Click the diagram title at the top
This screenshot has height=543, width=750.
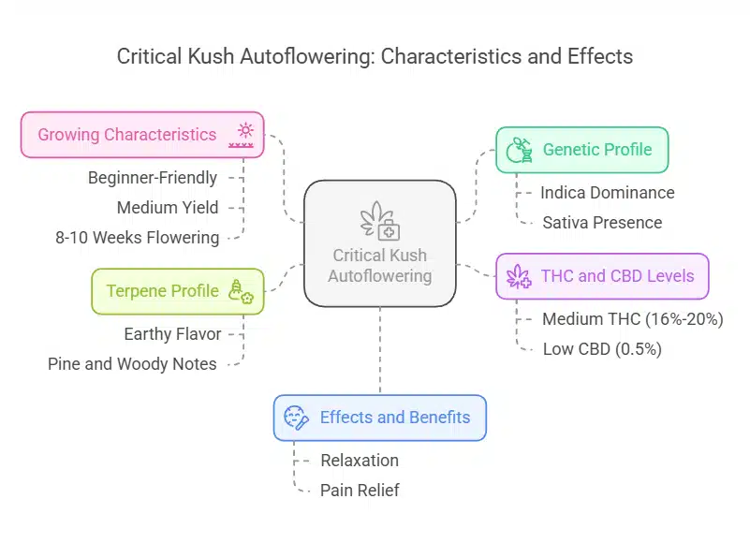tap(375, 56)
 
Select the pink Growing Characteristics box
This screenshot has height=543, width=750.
tap(142, 135)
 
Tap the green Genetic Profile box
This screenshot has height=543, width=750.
tap(581, 150)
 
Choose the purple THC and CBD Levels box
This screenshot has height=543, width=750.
tap(602, 276)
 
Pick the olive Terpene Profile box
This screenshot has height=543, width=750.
tap(177, 291)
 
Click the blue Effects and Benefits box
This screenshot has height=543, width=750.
tap(379, 418)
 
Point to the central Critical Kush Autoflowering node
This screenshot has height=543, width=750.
tap(379, 243)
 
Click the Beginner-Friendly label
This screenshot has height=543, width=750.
tap(153, 178)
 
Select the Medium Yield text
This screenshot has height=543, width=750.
tap(167, 208)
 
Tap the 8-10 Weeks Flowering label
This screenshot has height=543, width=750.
tap(138, 238)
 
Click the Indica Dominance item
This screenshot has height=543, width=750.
tap(607, 193)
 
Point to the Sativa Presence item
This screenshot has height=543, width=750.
tap(602, 223)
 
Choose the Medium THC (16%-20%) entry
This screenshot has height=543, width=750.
tap(632, 319)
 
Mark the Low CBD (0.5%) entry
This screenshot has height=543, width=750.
tap(602, 349)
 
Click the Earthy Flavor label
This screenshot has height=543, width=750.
tap(172, 333)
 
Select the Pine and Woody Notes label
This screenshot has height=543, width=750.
tap(132, 363)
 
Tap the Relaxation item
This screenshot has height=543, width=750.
tap(360, 461)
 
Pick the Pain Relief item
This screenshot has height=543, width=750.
tap(360, 491)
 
